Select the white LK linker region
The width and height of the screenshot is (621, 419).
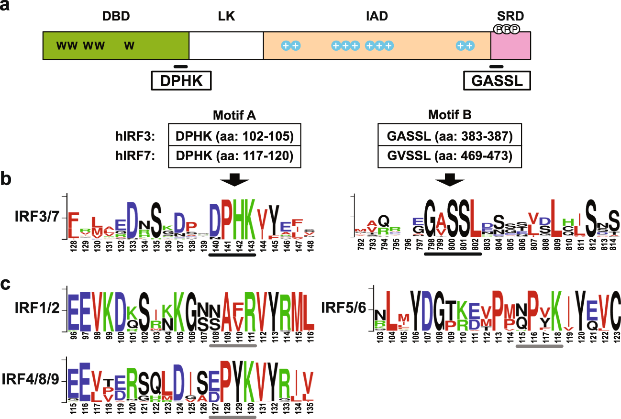point(226,45)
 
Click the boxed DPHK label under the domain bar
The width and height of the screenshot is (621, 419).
point(181,81)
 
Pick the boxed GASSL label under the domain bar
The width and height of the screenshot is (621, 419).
point(497,81)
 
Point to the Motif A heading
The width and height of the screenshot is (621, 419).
point(234,115)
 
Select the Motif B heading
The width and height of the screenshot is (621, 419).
point(450,115)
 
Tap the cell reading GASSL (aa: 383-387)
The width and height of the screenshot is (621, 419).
point(450,137)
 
